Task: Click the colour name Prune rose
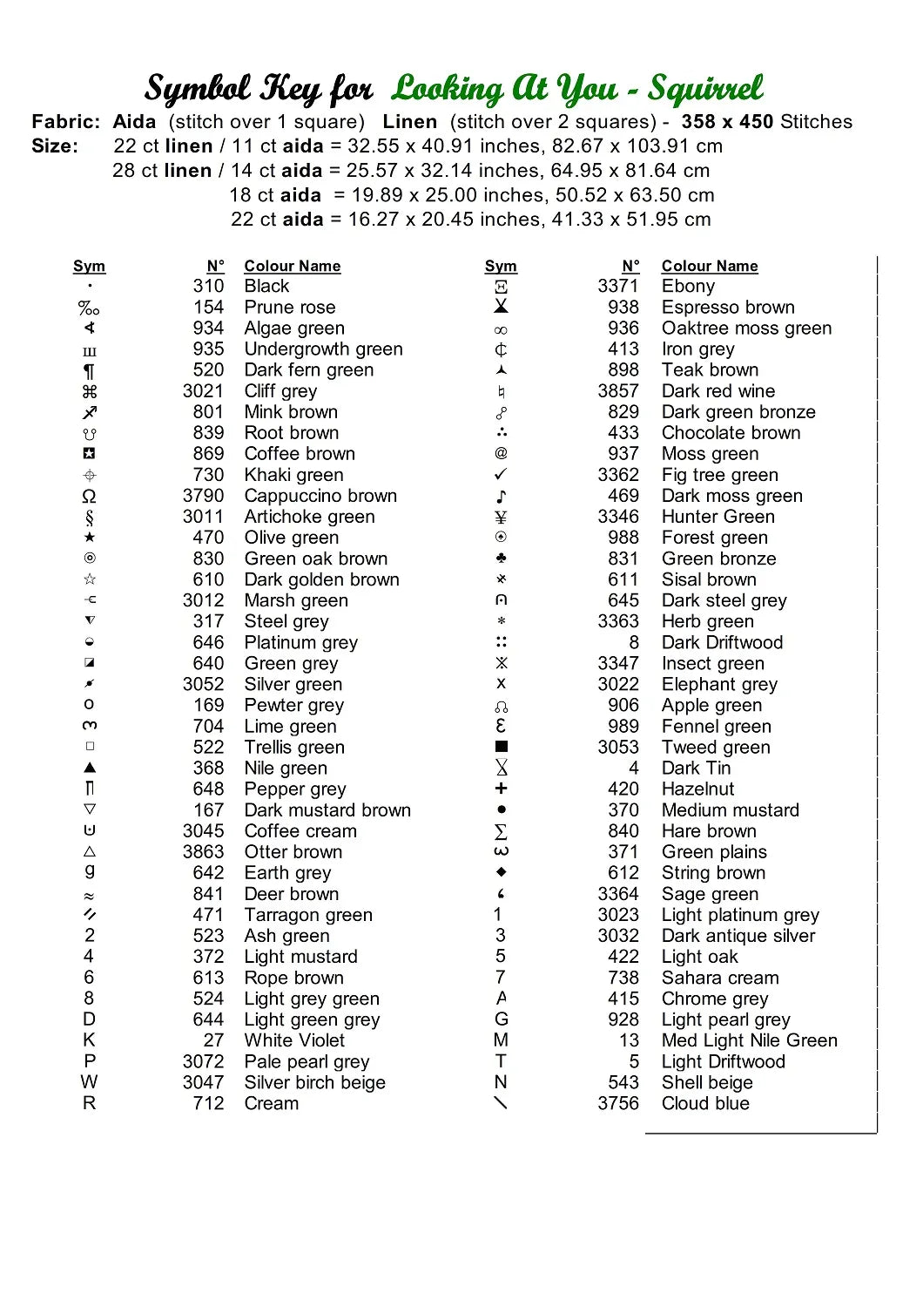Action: (289, 308)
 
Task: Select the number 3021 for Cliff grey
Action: (203, 391)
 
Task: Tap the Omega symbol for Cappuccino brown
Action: (89, 497)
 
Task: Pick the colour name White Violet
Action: (294, 1040)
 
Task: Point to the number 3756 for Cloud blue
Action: (617, 1103)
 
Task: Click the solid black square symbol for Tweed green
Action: (502, 747)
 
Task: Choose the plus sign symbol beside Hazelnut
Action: (501, 789)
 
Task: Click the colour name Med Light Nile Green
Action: (749, 1040)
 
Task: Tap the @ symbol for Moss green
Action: (501, 453)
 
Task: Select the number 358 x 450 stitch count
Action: (727, 122)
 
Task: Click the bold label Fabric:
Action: (66, 122)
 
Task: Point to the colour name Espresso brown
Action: (728, 308)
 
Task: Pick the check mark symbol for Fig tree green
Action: (501, 475)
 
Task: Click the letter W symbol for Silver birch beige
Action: (89, 1082)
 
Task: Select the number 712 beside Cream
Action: (208, 1103)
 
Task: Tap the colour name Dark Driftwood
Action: (722, 643)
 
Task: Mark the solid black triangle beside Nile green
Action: (90, 768)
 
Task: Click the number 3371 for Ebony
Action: (617, 287)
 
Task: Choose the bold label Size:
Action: (55, 146)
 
